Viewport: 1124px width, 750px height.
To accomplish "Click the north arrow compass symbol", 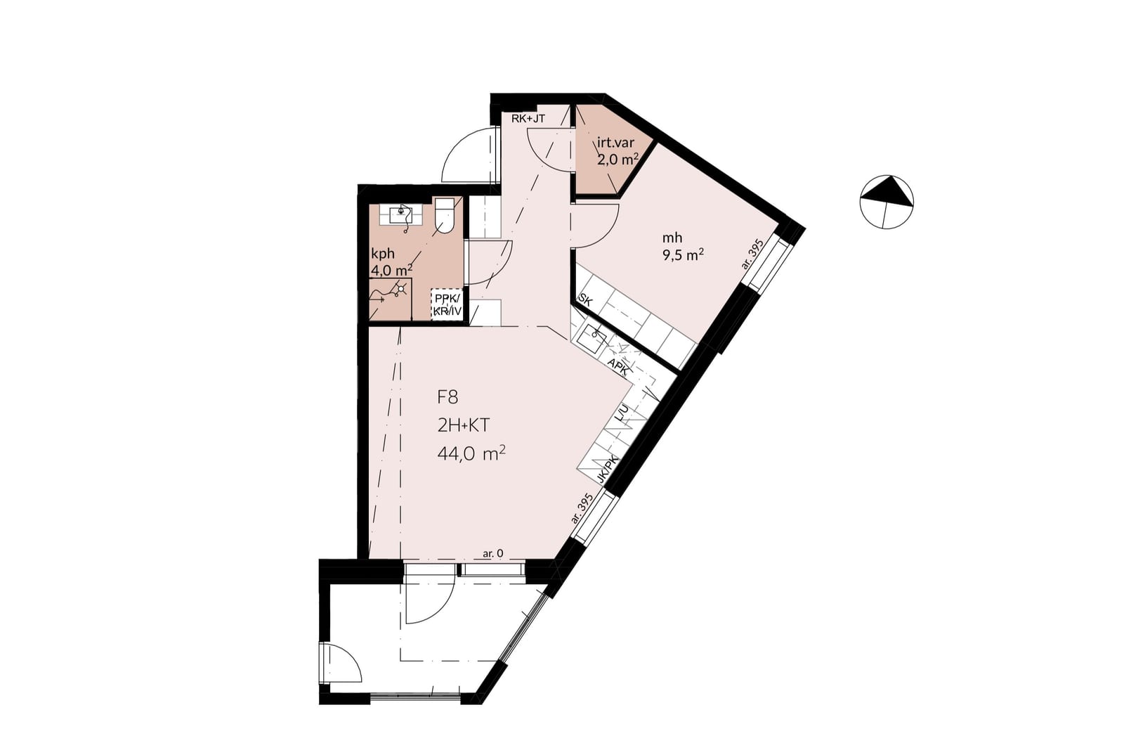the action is (x=887, y=202).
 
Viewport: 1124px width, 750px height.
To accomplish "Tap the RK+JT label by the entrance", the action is (x=528, y=119).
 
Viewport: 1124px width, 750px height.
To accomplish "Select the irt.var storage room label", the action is (x=615, y=143).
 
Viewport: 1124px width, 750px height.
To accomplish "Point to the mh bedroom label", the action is (x=672, y=238).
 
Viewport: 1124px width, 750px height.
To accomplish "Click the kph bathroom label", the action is (x=383, y=254).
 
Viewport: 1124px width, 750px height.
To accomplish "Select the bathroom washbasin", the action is (x=401, y=215).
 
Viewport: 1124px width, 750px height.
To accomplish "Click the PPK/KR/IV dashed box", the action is (x=447, y=304).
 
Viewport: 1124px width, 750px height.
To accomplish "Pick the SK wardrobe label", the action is (x=586, y=302).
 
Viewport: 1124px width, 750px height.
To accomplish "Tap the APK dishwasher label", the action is (x=618, y=367).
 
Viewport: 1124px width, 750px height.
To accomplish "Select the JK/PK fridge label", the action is (x=608, y=470).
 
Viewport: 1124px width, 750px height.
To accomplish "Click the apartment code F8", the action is (x=447, y=398).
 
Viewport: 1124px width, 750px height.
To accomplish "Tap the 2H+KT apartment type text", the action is (x=463, y=426).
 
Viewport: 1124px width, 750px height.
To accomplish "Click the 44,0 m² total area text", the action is (x=471, y=454).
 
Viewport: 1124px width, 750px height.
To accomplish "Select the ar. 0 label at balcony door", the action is (x=492, y=554).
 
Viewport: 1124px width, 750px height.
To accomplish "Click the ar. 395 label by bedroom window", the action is (x=752, y=254).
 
